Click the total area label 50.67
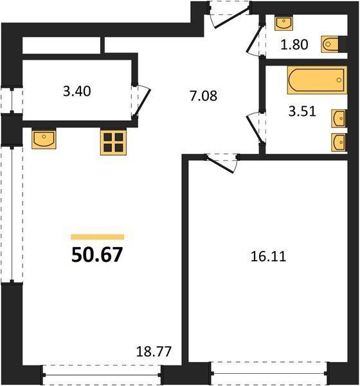click(97, 255)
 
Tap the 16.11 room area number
click(268, 257)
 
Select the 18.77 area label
click(154, 351)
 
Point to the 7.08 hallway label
click(203, 96)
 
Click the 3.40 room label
click(77, 91)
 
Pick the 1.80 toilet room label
click(294, 45)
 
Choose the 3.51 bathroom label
click(302, 111)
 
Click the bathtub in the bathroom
click(317, 80)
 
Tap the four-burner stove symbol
click(113, 143)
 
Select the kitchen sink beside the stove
click(44, 138)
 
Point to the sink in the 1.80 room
click(283, 23)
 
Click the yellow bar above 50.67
click(98, 237)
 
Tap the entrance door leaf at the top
click(231, 18)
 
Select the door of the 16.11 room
click(220, 165)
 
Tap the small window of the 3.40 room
click(12, 100)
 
